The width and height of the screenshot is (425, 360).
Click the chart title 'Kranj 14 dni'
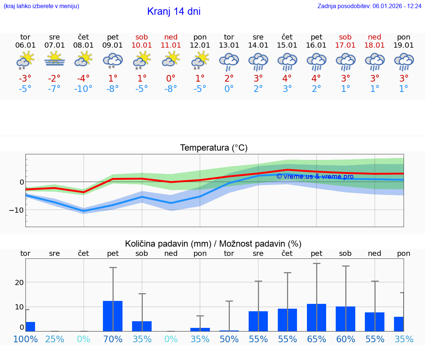[x=174, y=11]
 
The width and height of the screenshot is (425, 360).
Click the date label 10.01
[x=142, y=45]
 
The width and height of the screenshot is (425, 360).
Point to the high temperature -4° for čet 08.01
[x=83, y=78]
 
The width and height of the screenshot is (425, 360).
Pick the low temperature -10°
[x=83, y=89]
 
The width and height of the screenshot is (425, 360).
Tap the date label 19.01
[x=404, y=45]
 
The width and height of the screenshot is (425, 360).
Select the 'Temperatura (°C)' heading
[x=214, y=148]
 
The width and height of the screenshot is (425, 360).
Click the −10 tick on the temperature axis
[x=17, y=210]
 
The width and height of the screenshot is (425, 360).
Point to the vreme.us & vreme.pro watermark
[x=315, y=176]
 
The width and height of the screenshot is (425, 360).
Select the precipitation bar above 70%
[x=113, y=316]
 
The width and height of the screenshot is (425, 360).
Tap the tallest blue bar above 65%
[x=317, y=318]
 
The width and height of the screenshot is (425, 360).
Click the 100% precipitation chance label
[x=25, y=339]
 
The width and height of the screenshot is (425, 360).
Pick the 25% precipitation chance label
[x=55, y=339]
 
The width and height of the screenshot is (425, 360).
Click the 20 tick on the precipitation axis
[x=19, y=282]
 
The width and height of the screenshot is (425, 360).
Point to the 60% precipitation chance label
[x=346, y=339]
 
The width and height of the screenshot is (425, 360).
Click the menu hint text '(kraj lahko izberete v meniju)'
[x=41, y=6]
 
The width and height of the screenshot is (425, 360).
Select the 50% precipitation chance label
[x=229, y=339]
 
